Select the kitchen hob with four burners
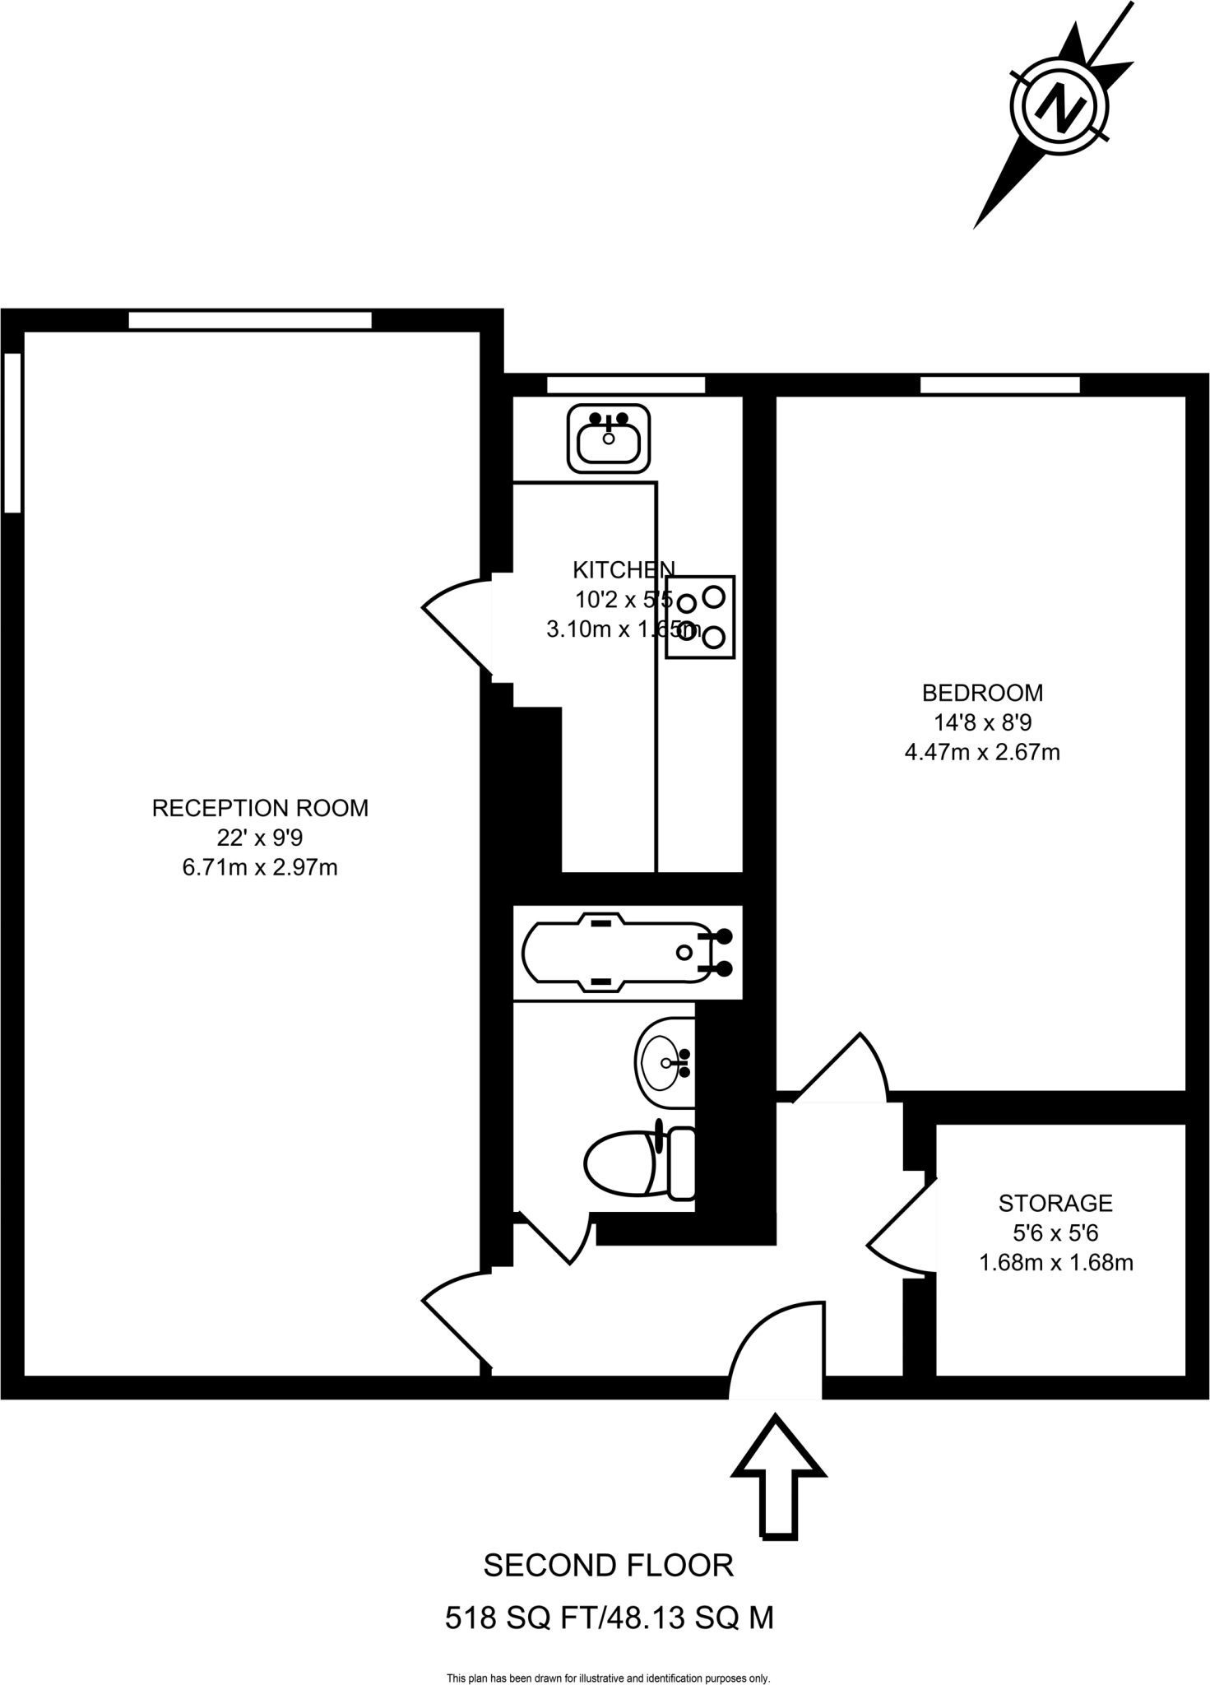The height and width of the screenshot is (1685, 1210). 700,617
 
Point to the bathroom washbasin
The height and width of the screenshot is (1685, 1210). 665,1063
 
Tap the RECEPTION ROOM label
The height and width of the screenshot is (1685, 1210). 260,808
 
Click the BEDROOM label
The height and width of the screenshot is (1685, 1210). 982,693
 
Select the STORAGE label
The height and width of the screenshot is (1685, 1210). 1055,1203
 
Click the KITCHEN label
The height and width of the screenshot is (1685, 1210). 624,569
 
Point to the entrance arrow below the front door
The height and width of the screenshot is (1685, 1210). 778,1474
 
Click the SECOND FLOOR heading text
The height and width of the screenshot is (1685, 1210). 608,1565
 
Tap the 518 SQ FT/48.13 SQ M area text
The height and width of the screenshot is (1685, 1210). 609,1618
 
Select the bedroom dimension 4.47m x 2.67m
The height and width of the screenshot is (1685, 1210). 982,752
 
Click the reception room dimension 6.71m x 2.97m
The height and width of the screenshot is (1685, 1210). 260,867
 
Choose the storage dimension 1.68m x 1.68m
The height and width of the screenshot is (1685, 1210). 1055,1262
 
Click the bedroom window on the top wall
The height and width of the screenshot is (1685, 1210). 999,384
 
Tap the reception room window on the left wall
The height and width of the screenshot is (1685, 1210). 12,432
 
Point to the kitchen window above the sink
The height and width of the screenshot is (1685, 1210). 626,384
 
